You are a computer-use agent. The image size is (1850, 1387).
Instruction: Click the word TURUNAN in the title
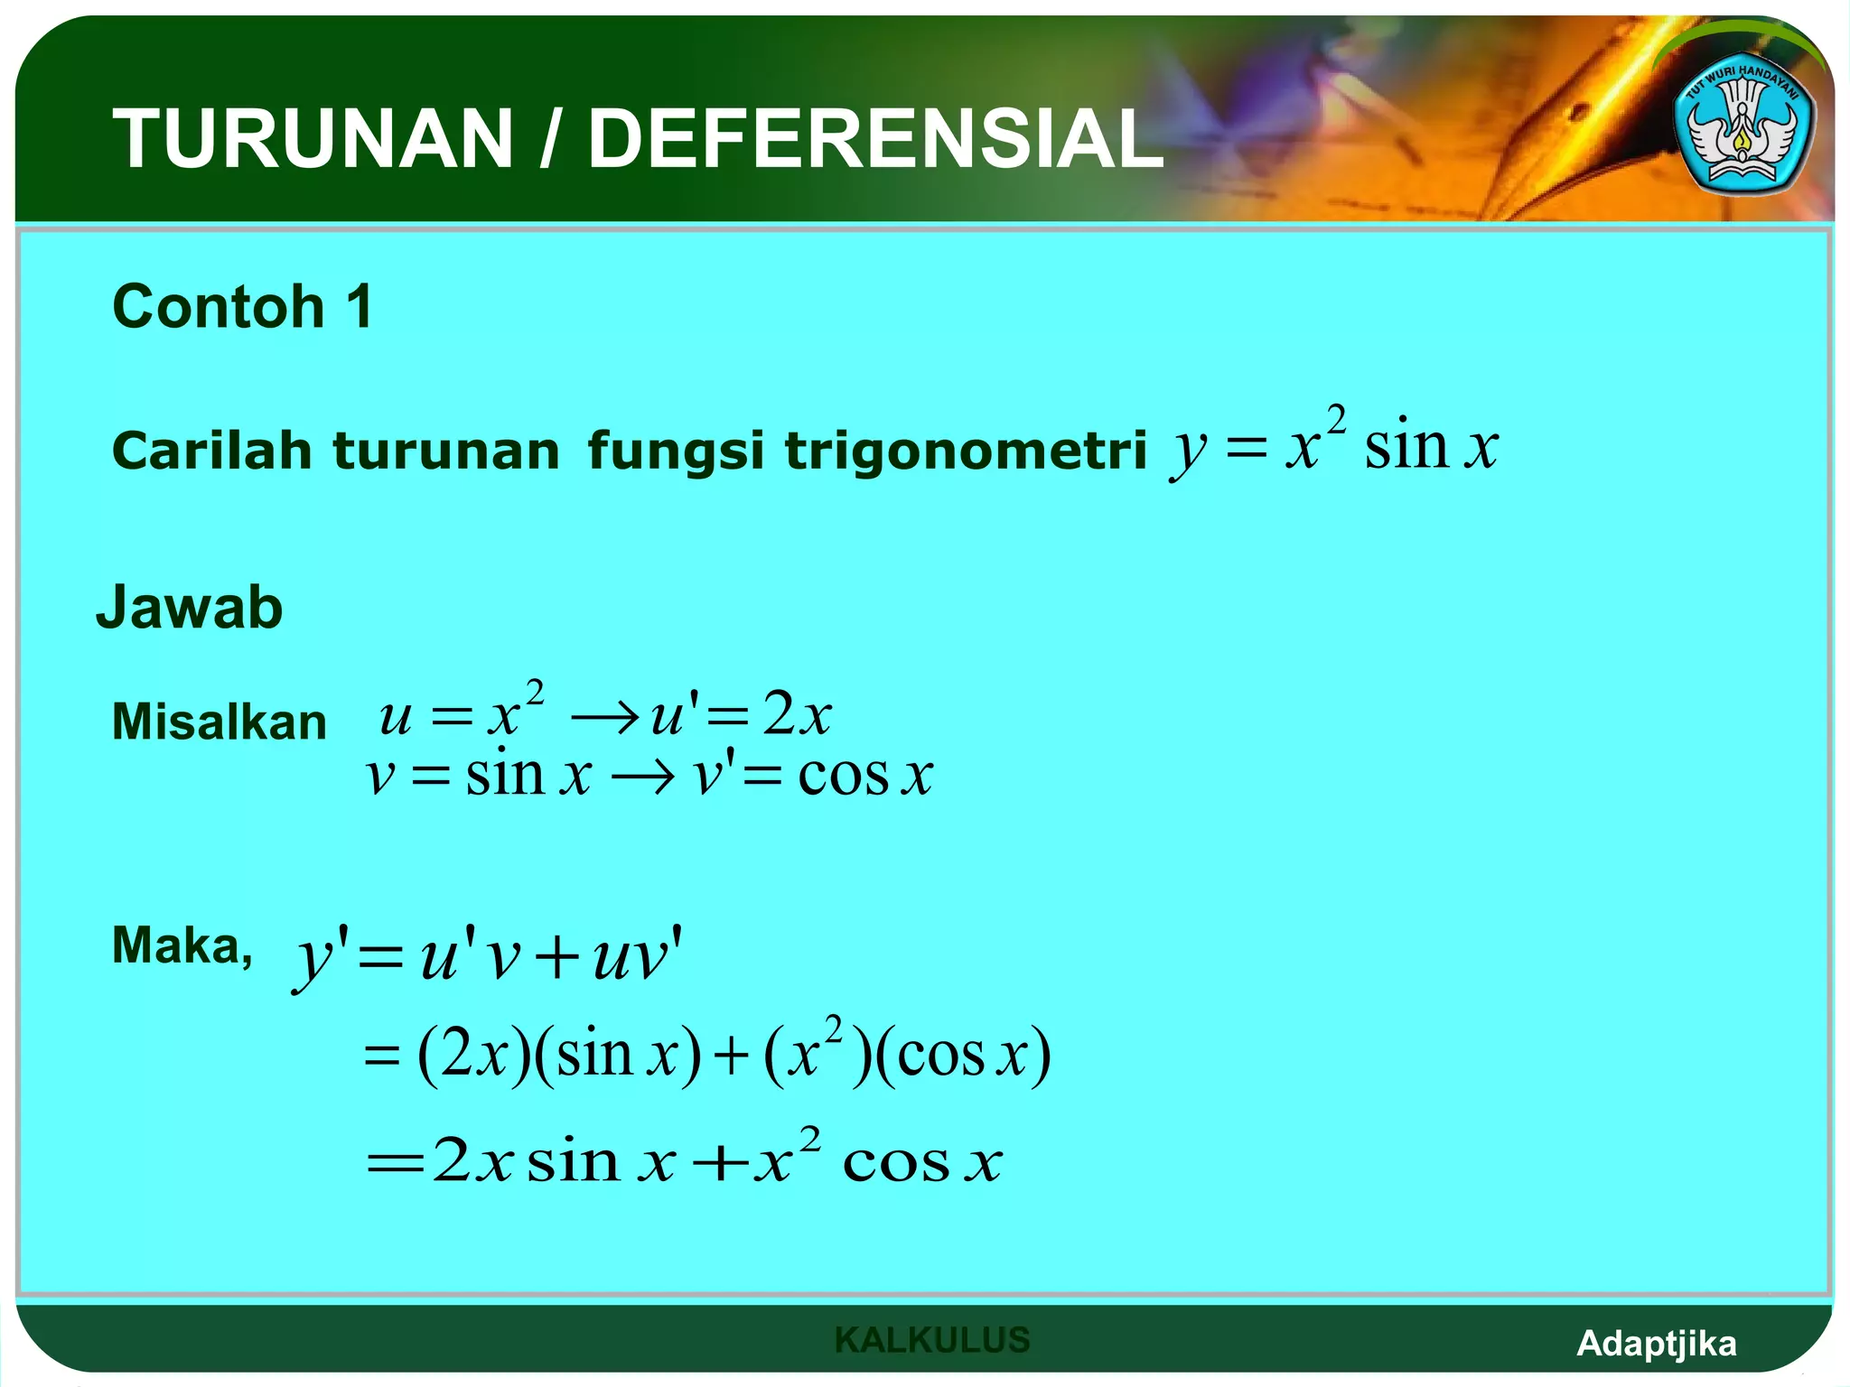[x=313, y=138]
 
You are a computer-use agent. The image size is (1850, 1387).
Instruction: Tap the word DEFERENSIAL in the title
[x=874, y=138]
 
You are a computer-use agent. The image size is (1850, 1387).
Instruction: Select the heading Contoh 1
[x=242, y=306]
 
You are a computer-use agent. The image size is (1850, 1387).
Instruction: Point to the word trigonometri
[x=965, y=451]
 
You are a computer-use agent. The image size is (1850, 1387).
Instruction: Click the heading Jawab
[x=190, y=607]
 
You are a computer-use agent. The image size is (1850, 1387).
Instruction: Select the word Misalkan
[x=219, y=722]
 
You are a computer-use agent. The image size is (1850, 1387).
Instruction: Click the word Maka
[x=181, y=946]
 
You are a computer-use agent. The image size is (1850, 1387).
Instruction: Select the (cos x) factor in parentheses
[x=962, y=1055]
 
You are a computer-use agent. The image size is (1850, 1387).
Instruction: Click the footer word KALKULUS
[x=932, y=1340]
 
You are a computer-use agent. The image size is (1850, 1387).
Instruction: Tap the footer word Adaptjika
[x=1656, y=1344]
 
